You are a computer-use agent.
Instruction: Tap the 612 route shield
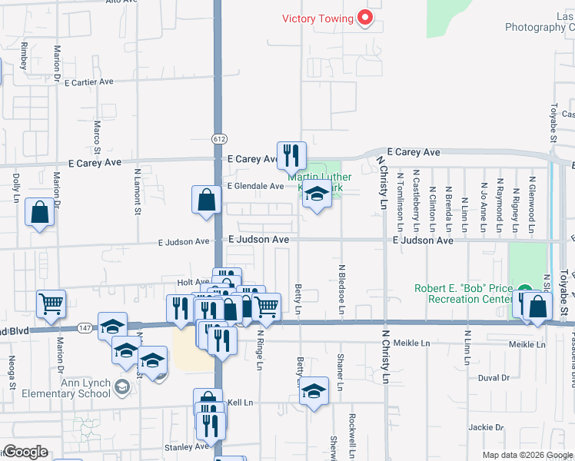(x=220, y=138)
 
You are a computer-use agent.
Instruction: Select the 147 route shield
(x=83, y=328)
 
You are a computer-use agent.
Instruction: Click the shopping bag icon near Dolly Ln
(x=39, y=213)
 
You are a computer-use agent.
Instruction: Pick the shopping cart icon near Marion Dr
(x=51, y=303)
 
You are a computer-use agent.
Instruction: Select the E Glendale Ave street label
(x=255, y=186)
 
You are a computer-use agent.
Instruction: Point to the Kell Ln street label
(x=240, y=402)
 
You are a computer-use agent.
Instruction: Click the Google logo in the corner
(x=25, y=452)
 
